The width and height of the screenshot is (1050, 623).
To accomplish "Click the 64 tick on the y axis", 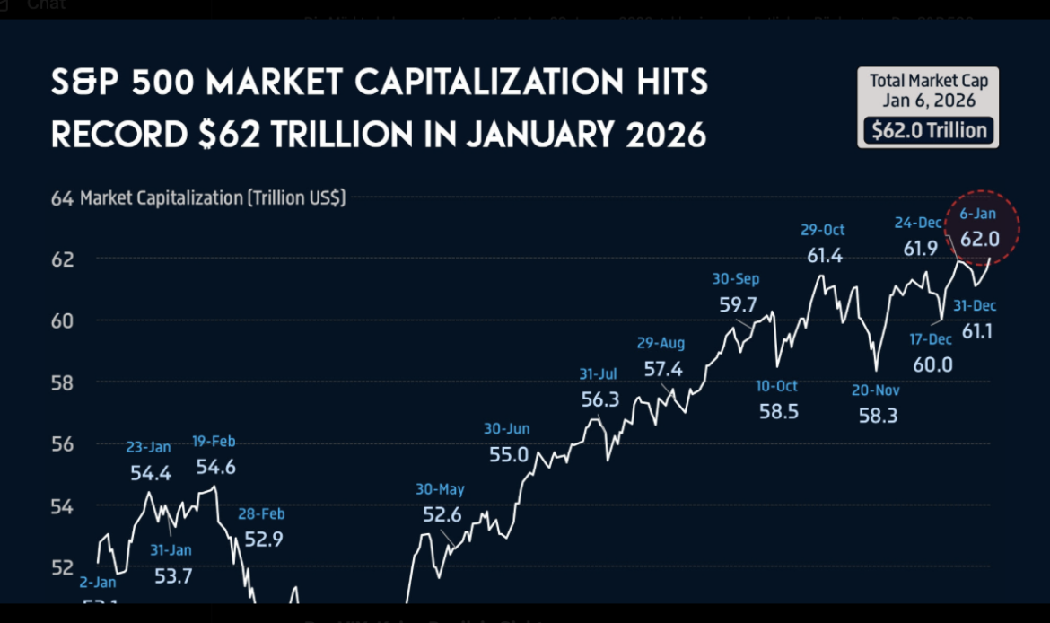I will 61,197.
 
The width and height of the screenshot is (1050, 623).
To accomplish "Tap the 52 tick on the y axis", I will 61,567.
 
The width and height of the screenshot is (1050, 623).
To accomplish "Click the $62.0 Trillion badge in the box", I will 929,130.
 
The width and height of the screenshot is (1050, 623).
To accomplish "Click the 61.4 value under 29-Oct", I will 824,256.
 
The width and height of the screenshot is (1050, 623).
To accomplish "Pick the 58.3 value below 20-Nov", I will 877,415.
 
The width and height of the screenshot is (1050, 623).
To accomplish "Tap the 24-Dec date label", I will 918,223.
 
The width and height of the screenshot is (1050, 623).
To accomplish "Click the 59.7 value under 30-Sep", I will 737,304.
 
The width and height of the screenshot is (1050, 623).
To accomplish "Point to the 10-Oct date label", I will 775,386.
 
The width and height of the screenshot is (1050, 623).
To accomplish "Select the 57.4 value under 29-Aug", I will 662,368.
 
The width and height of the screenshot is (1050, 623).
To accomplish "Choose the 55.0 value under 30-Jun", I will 509,454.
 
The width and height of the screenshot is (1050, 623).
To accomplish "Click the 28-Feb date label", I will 261,514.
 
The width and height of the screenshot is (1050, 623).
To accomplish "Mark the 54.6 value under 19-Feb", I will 215,467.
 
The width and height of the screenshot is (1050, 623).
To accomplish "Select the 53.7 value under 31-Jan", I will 172,576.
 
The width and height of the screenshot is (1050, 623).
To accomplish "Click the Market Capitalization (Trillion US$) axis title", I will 213,197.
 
